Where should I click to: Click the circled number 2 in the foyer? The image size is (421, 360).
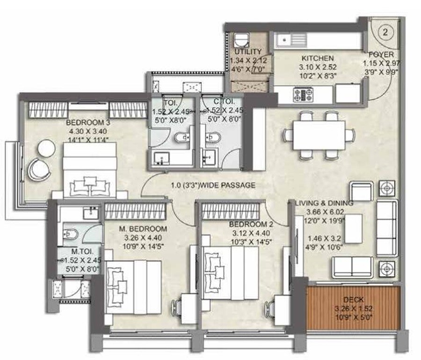click(385, 32)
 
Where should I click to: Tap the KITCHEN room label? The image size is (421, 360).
click(318, 59)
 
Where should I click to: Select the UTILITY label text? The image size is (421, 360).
click(248, 52)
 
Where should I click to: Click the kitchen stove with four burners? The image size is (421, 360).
click(304, 95)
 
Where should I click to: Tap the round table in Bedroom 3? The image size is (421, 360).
click(46, 147)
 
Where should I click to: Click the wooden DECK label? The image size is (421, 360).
click(353, 300)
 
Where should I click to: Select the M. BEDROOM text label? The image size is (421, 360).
click(143, 229)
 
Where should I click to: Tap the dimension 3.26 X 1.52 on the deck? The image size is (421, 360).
click(353, 308)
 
